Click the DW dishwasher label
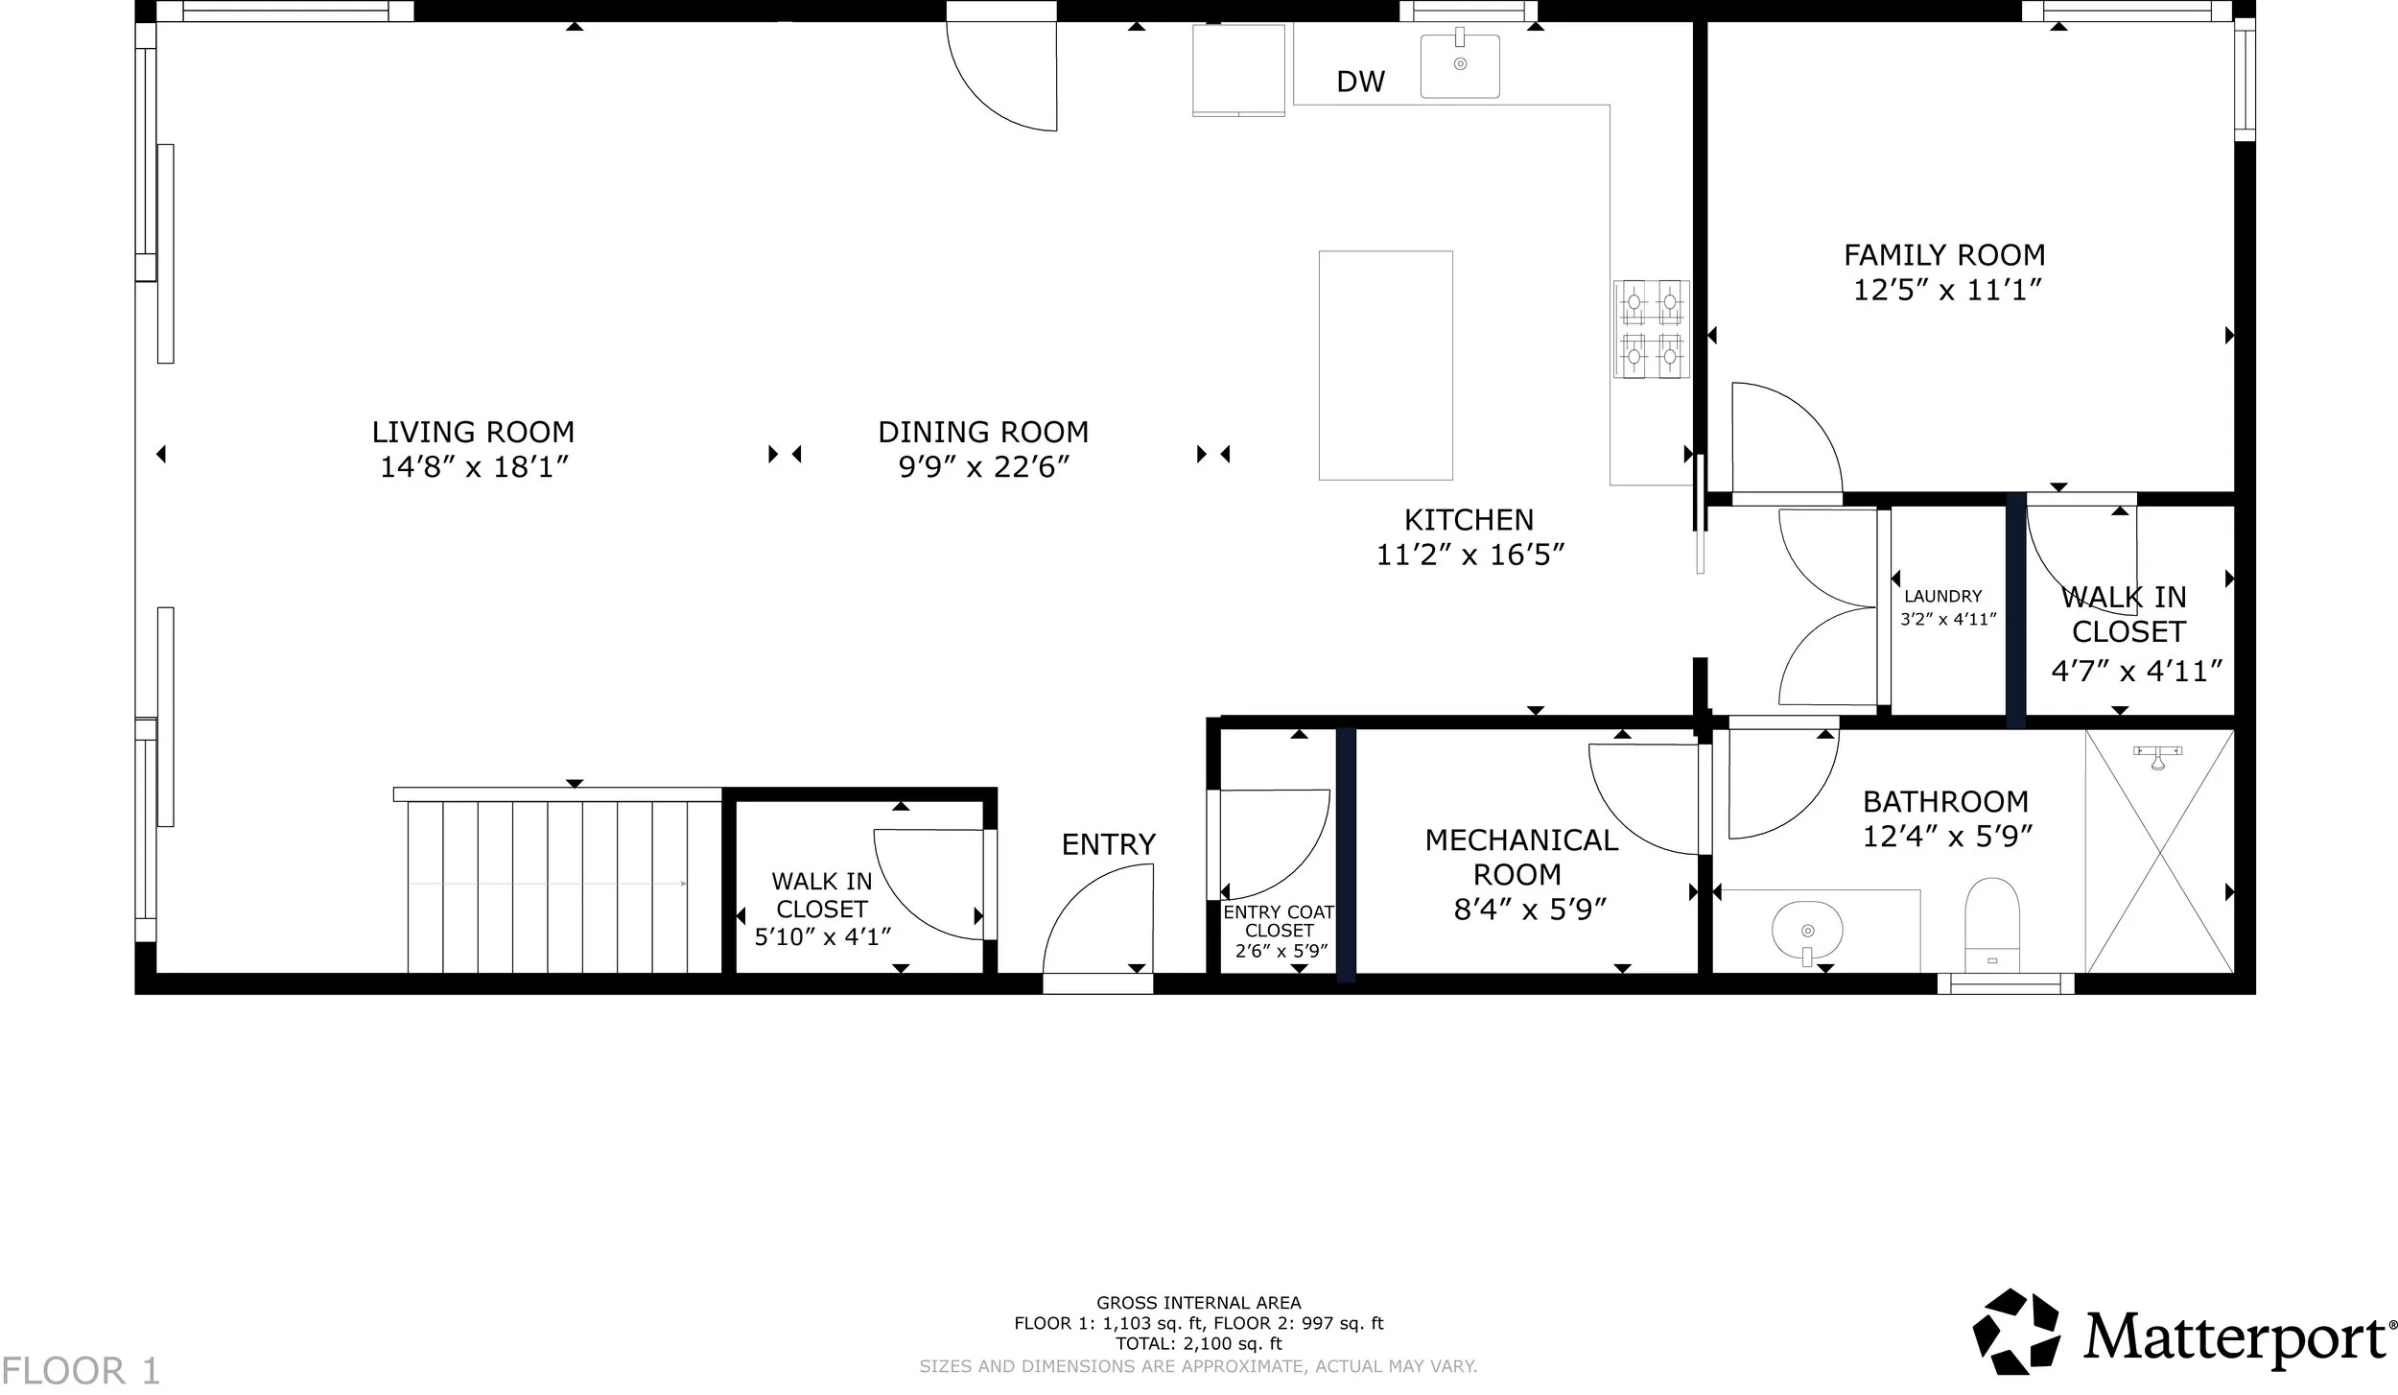coord(1360,83)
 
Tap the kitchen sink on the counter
coord(1460,65)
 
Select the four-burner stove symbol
coord(1651,329)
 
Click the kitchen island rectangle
coord(1385,365)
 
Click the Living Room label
coord(473,432)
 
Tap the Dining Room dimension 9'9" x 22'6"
coord(983,467)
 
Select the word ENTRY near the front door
coord(1108,844)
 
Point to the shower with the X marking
coord(2159,852)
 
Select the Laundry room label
coord(1942,597)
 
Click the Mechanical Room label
coord(1521,857)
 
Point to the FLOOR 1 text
coord(81,1370)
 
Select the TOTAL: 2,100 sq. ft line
coord(1198,1344)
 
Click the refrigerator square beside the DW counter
coord(1238,70)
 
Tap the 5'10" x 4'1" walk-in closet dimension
coord(823,937)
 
